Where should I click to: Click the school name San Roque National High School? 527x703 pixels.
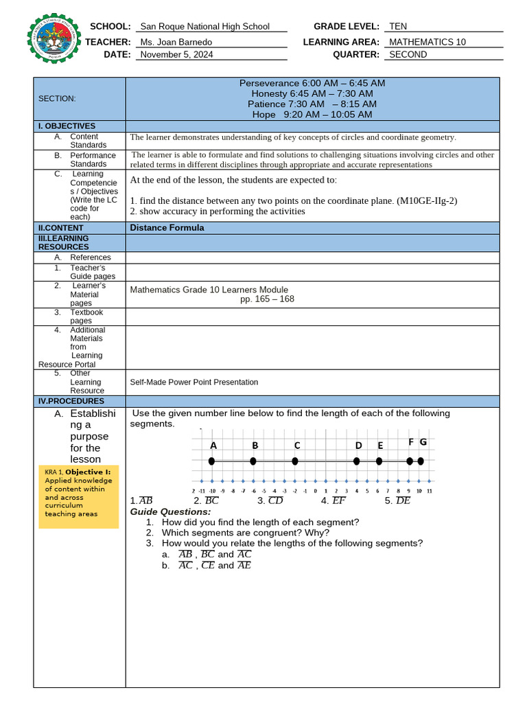(x=204, y=27)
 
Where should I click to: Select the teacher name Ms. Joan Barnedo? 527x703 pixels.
(x=176, y=42)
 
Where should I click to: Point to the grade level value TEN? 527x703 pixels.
(x=398, y=27)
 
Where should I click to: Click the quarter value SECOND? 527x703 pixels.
(x=408, y=55)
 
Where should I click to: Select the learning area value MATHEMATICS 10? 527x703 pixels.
(x=427, y=42)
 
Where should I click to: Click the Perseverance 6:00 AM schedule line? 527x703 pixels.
(x=312, y=83)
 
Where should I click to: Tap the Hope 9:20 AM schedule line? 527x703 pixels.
(x=312, y=115)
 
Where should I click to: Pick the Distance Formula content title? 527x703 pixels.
(x=167, y=228)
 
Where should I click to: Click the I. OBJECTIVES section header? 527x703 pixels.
(x=67, y=126)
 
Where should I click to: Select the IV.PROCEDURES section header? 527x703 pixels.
(x=71, y=401)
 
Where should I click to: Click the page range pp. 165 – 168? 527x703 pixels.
(x=267, y=299)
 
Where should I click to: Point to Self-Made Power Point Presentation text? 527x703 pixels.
(x=194, y=382)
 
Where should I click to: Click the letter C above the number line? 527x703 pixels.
(x=297, y=446)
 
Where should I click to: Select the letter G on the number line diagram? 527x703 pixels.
(x=423, y=442)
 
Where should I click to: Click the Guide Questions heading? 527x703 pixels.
(x=171, y=512)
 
